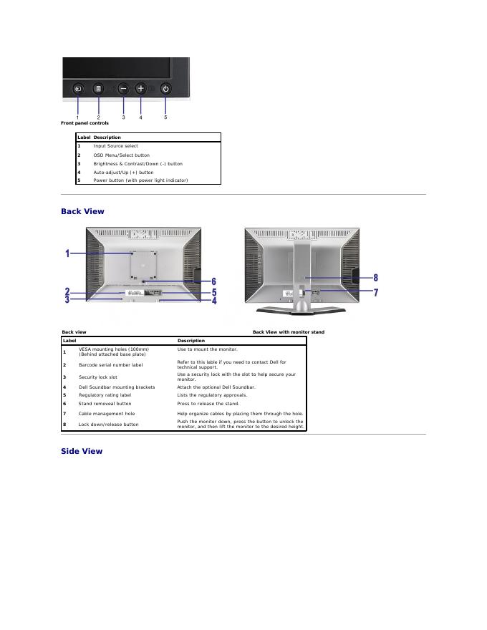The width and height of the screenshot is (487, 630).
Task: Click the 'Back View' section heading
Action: (x=82, y=211)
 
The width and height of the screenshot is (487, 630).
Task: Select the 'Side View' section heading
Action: (x=82, y=451)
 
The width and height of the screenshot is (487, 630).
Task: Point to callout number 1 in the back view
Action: (x=67, y=253)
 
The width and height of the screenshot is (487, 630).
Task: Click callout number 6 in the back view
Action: (x=213, y=282)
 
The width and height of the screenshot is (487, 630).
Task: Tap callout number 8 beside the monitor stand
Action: (x=376, y=277)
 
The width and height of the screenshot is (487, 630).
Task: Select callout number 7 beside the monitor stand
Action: (x=376, y=292)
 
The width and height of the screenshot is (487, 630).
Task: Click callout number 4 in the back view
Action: (x=213, y=301)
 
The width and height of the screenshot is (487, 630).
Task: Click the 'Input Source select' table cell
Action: (x=115, y=146)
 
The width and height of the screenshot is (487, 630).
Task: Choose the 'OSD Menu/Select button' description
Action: (x=121, y=155)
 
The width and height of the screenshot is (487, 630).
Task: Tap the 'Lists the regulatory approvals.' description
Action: (x=212, y=394)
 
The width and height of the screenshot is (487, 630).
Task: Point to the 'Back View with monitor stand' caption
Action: (x=288, y=332)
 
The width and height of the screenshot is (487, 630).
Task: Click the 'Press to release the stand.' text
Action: (x=208, y=403)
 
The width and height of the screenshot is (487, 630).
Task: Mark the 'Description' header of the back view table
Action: (x=191, y=341)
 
